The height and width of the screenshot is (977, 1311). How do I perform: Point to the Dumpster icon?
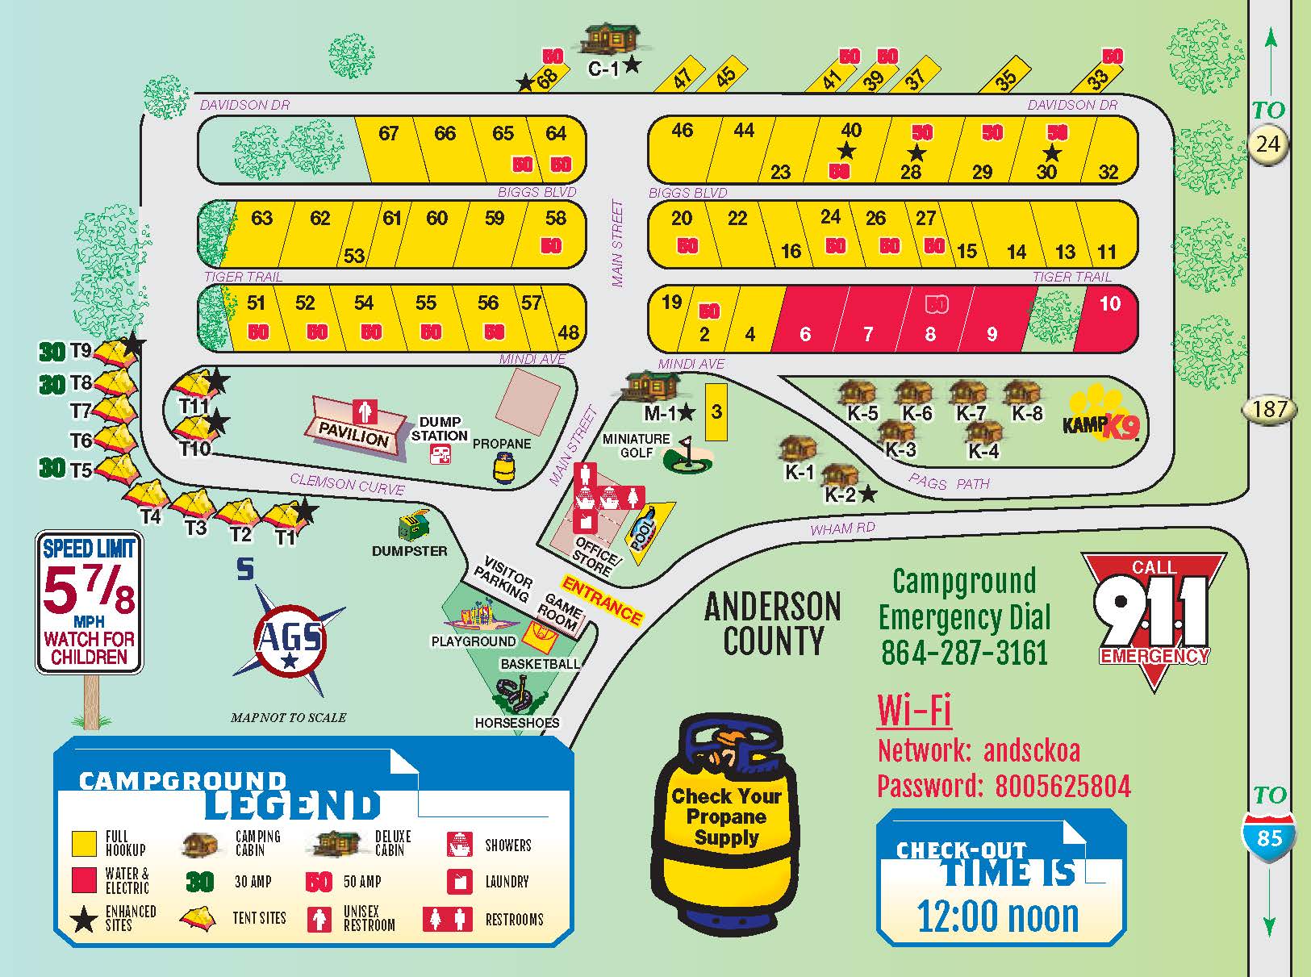click(x=414, y=527)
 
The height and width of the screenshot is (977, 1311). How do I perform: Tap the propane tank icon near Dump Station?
click(x=504, y=468)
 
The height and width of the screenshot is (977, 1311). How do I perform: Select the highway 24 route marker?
click(x=1267, y=144)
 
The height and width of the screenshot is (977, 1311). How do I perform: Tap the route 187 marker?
click(x=1269, y=409)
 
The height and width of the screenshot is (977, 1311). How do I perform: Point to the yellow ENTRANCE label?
click(x=602, y=600)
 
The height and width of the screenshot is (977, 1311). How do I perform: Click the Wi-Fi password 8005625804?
click(x=1063, y=786)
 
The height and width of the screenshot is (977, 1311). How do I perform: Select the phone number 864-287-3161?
click(x=964, y=652)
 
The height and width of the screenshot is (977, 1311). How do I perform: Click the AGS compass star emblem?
click(x=289, y=638)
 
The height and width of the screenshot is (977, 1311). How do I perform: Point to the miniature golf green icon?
click(x=688, y=458)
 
